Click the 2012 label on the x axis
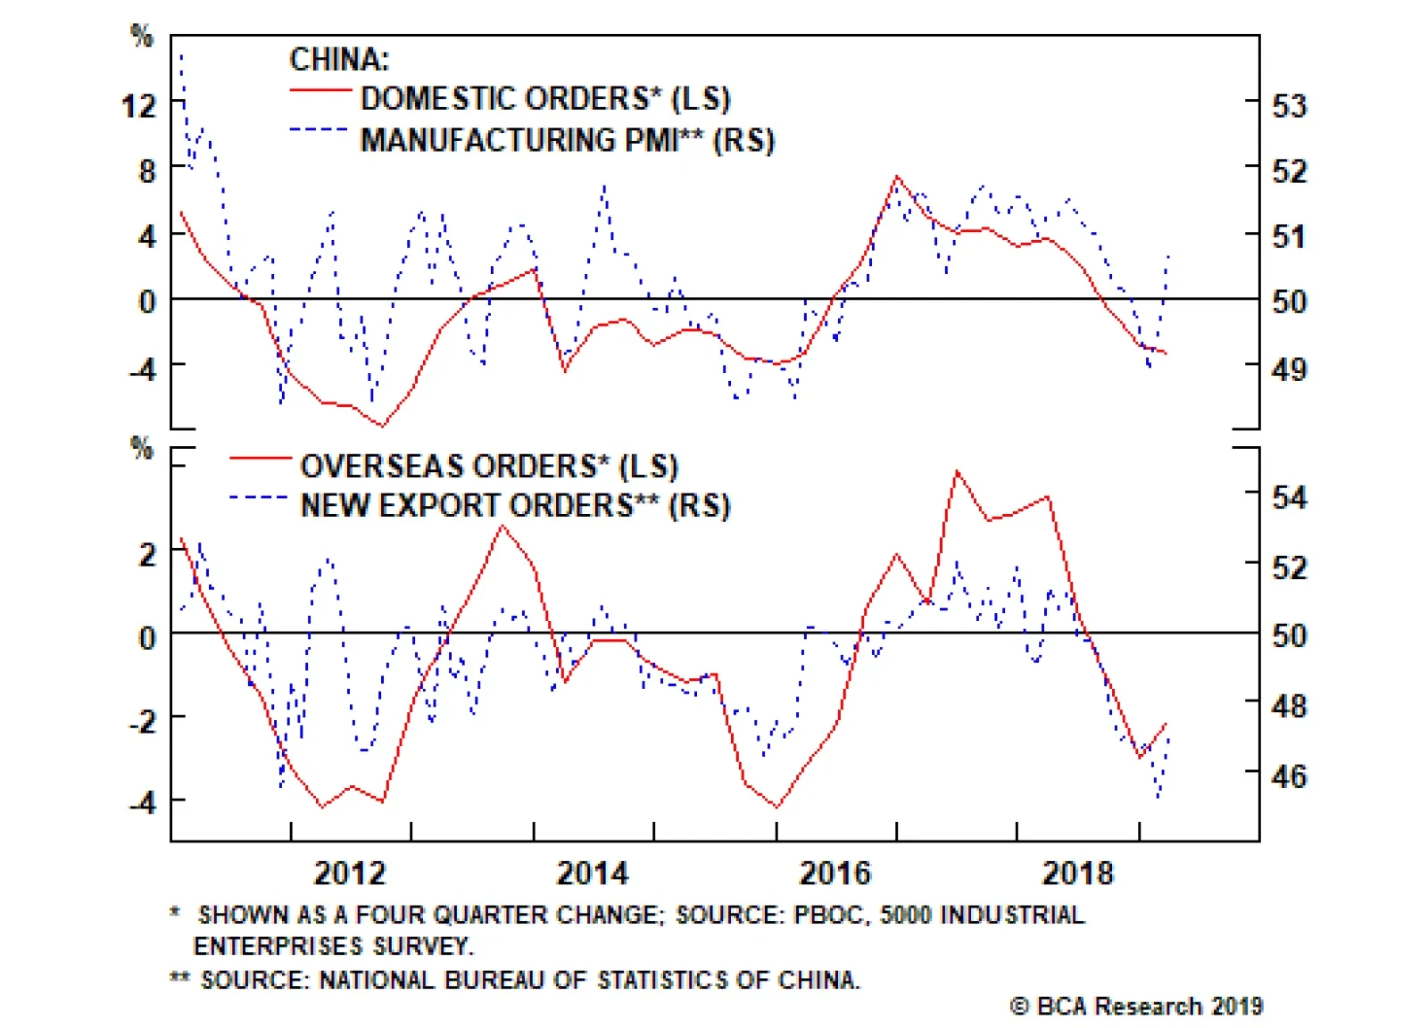350,873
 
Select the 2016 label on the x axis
834,873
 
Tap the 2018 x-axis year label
1077,873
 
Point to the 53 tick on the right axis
1289,106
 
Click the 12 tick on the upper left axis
138,106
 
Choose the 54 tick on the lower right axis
1289,497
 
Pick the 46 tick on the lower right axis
1289,776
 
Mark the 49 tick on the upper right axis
1289,368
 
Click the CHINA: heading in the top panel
339,60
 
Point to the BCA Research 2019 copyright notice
1136,1007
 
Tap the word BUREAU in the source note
494,980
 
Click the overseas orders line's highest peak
958,471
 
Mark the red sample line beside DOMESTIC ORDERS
320,90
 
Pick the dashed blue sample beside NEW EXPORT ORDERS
259,498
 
